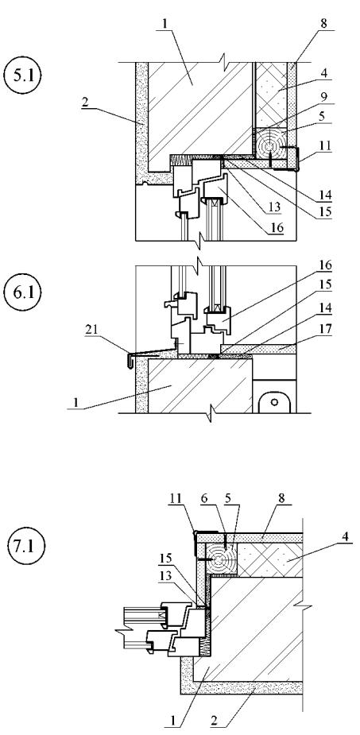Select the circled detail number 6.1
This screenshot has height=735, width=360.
(22, 292)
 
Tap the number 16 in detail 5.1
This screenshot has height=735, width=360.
(277, 227)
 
